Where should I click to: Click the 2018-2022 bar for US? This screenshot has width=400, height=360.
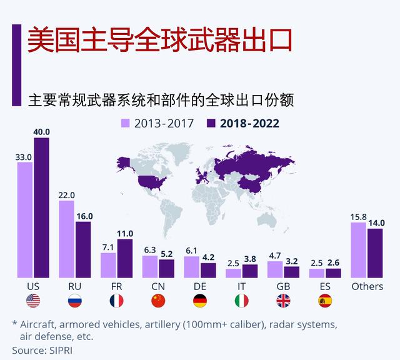tap(41, 207)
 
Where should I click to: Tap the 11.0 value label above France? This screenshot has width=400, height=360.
tap(125, 233)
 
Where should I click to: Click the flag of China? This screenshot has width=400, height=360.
tap(158, 301)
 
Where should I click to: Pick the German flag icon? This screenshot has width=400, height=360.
tap(200, 301)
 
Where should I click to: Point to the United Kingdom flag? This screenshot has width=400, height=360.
tap(283, 301)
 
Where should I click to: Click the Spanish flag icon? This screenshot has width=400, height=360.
tap(325, 301)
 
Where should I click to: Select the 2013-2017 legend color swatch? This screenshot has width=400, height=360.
tap(125, 123)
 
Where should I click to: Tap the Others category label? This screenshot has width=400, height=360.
tap(367, 286)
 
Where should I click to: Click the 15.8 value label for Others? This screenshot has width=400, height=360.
tap(358, 217)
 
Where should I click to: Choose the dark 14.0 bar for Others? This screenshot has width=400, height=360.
tap(375, 253)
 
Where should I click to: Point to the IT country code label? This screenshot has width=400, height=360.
tap(241, 286)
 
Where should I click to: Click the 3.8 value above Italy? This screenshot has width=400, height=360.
tap(250, 259)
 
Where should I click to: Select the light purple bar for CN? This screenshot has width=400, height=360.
tap(150, 266)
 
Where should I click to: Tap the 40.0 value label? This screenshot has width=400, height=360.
tap(41, 132)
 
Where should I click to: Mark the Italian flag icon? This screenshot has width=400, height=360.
tap(241, 301)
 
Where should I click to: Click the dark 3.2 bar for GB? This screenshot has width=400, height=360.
tap(292, 272)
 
